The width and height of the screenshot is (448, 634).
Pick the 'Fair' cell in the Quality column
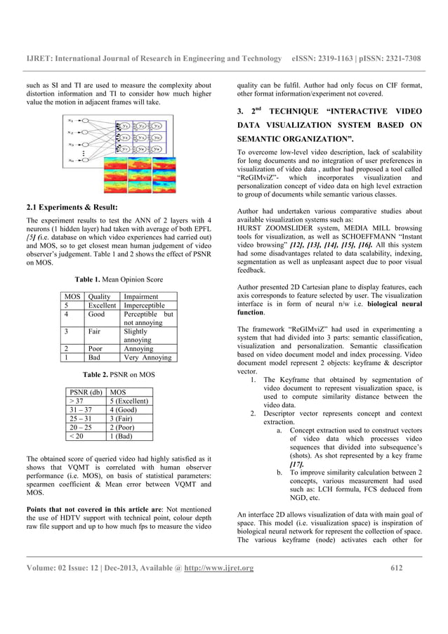(95, 330)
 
